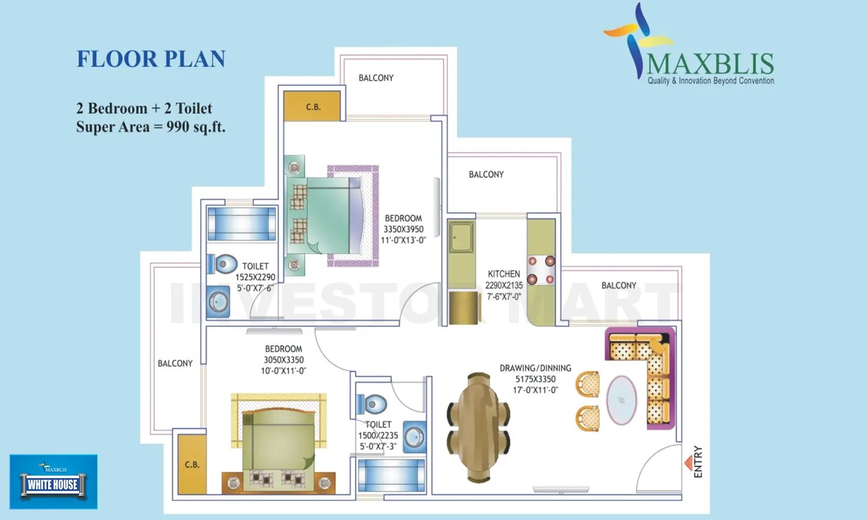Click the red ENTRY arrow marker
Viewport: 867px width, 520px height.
[688, 463]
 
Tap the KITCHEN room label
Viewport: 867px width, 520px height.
[503, 274]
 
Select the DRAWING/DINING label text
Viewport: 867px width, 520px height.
[535, 368]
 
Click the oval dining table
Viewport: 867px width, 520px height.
[479, 428]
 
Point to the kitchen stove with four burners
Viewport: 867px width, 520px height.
[541, 270]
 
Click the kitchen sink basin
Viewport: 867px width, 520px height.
[461, 237]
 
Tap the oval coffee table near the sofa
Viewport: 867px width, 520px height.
[621, 400]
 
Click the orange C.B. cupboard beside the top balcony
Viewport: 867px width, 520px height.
[312, 106]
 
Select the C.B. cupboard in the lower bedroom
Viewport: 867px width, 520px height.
[192, 465]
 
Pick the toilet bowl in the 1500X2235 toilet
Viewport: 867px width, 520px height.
[372, 404]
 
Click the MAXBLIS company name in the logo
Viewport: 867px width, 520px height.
[710, 64]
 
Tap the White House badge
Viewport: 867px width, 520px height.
[53, 482]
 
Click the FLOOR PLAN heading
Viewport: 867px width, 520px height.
[151, 59]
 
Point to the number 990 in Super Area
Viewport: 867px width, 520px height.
[177, 127]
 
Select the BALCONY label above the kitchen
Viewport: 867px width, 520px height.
[486, 174]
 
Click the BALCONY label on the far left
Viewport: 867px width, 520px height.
[175, 363]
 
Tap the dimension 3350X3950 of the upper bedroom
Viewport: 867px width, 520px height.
[403, 229]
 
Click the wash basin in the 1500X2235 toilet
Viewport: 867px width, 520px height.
[414, 437]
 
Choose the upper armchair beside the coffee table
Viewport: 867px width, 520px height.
[588, 384]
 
